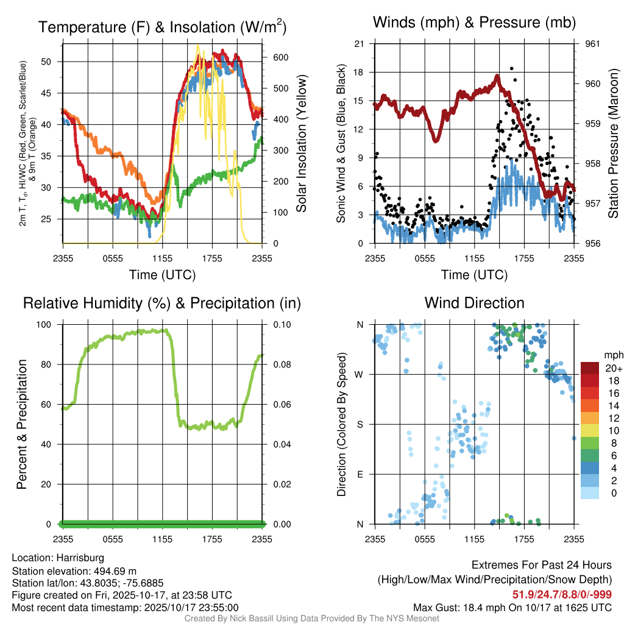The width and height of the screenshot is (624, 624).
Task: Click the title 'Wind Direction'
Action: click(x=474, y=303)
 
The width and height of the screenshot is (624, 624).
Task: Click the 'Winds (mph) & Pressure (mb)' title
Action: click(x=474, y=23)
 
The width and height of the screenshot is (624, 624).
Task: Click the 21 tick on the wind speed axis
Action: click(x=360, y=44)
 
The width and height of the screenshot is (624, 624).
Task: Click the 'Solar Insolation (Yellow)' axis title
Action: click(x=300, y=143)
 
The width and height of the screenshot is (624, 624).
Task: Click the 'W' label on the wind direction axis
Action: click(x=360, y=374)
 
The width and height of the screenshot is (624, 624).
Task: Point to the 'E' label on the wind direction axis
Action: click(x=360, y=474)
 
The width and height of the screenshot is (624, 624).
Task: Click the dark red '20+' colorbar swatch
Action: click(x=589, y=368)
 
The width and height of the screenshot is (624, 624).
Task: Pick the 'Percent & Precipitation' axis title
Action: click(x=21, y=424)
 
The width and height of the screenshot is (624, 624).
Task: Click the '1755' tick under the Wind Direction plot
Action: click(x=524, y=539)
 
